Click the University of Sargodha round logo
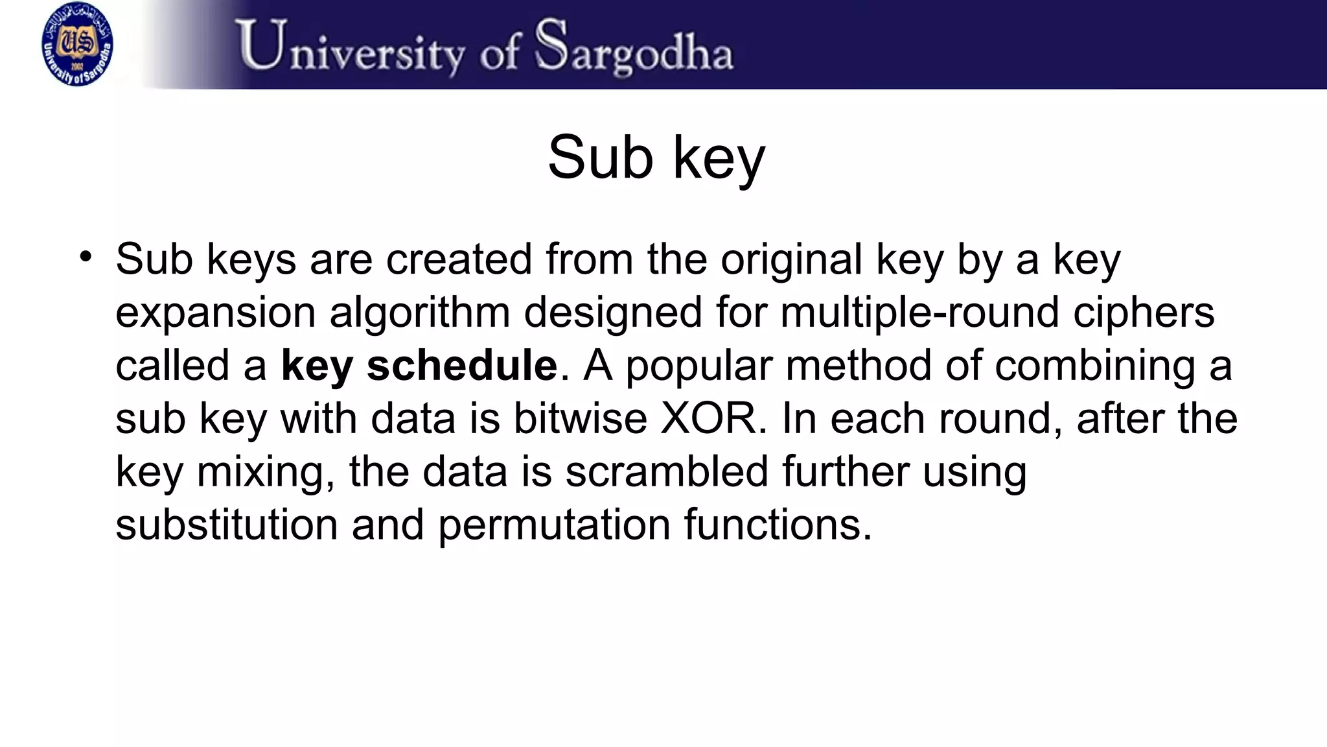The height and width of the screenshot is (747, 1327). [x=77, y=44]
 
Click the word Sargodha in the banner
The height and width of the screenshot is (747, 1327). [x=635, y=47]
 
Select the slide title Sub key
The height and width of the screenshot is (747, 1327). [x=656, y=158]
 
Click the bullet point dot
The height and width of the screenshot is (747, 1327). [x=86, y=256]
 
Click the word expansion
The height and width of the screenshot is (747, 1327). [x=215, y=313]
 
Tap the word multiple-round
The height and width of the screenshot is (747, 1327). [x=919, y=313]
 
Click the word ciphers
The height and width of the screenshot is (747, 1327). [x=1144, y=313]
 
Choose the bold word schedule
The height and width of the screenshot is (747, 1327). [x=461, y=365]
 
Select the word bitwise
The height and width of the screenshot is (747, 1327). [x=580, y=418]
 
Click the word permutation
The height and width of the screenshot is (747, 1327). [x=554, y=525]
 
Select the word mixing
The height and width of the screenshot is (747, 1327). [x=266, y=473]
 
